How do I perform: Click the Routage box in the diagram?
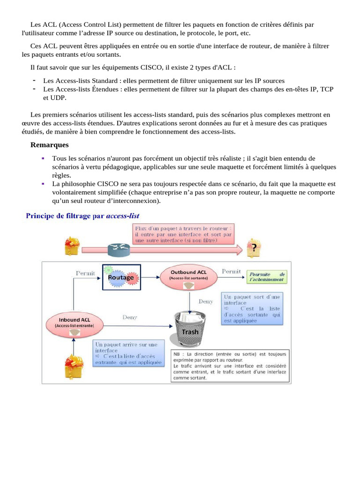coord(121,277)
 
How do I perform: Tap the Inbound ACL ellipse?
coord(74,323)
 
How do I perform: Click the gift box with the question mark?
coord(254,247)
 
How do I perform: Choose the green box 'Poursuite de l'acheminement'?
coord(267,277)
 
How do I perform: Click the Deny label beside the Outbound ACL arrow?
coord(205,301)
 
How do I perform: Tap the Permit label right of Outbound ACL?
coord(231,271)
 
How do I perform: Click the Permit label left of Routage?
coord(85,272)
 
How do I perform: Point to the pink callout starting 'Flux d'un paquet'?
coord(183,233)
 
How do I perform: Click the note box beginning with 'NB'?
coord(230,365)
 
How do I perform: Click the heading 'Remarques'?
coord(49,145)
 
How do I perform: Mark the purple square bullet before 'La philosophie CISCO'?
coord(43,184)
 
